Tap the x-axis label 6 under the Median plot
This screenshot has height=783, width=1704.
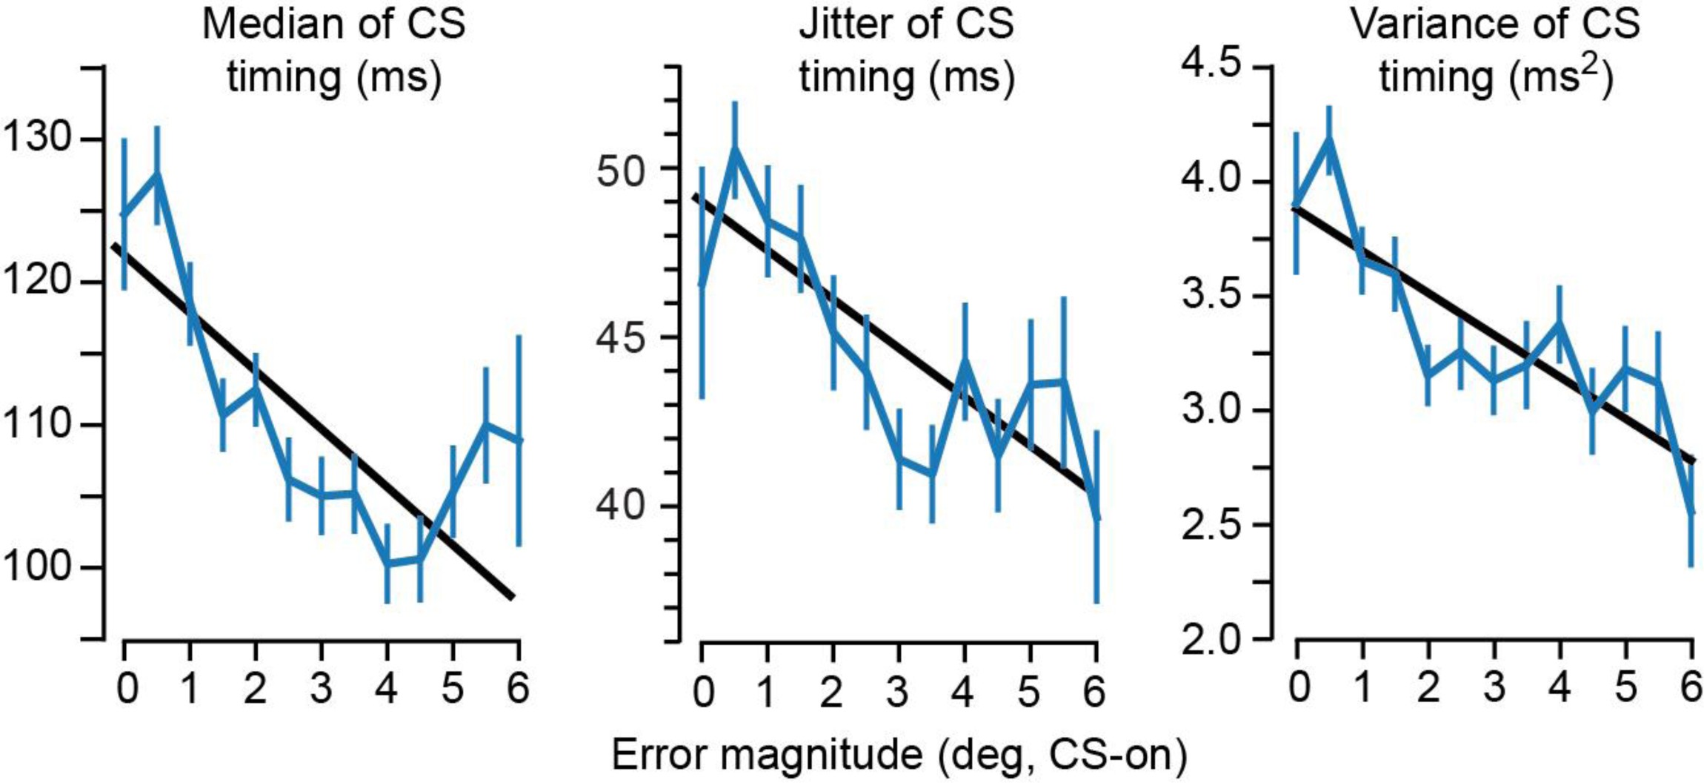517,687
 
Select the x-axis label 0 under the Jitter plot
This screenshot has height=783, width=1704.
703,691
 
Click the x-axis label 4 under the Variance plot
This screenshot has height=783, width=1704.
1560,687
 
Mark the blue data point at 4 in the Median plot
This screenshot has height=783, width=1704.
387,563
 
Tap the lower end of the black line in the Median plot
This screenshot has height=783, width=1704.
512,596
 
